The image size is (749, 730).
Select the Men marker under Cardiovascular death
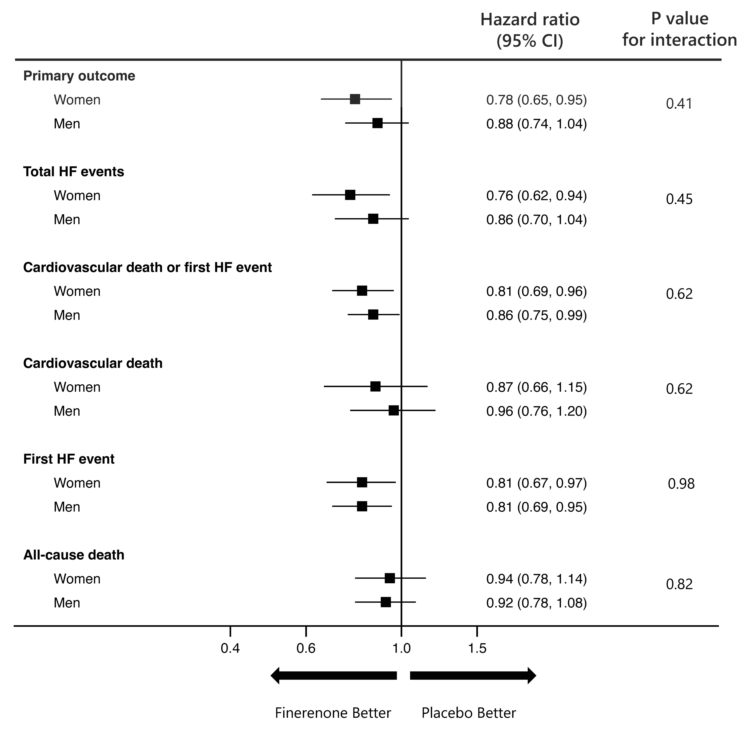pos(393,411)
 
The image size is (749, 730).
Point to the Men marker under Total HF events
pos(373,219)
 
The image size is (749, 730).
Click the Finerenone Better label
pos(333,713)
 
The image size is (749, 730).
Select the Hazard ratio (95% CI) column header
pos(530,30)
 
